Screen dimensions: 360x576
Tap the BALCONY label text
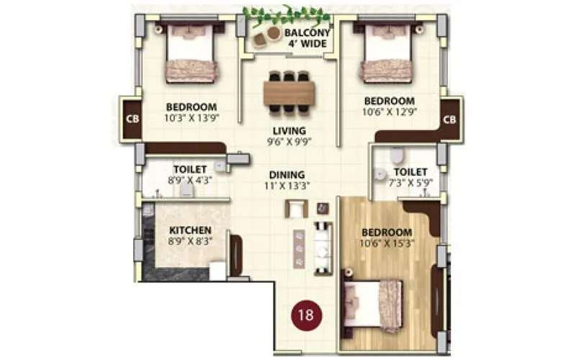[307, 33]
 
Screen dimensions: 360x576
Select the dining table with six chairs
[289, 92]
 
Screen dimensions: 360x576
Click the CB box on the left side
[132, 119]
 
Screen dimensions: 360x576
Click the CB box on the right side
[450, 119]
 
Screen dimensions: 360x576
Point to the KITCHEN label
[190, 230]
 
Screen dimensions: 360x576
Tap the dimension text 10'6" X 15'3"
[387, 244]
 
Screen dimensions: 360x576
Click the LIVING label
[289, 130]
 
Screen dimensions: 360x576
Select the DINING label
[287, 175]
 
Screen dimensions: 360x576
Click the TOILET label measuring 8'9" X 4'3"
[190, 171]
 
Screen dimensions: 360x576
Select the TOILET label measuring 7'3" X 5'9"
[410, 172]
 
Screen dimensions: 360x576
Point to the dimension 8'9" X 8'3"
[190, 242]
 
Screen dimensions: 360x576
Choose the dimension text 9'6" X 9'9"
[289, 142]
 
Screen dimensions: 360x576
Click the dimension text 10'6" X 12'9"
[390, 112]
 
